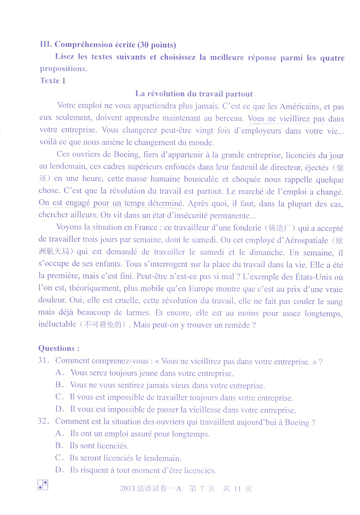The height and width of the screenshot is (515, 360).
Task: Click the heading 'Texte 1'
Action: pos(53,81)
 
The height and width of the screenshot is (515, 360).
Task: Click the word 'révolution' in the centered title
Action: pos(166,94)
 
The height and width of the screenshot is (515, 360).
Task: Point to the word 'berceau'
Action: pos(229,118)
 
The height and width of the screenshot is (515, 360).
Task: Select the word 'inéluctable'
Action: pos(57,324)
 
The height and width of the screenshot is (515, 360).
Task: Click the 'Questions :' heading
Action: pos(59,348)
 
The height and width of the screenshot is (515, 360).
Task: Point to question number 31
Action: pos(44,361)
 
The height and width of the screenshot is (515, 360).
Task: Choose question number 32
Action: pos(44,421)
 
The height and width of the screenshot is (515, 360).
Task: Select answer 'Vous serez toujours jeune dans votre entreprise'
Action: pos(152,373)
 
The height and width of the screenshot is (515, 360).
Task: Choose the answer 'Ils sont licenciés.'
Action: pos(99,446)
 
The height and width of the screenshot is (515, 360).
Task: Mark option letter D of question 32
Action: pos(60,470)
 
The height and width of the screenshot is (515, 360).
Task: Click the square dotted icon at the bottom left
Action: pos(43,485)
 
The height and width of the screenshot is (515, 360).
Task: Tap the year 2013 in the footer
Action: pos(127,489)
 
